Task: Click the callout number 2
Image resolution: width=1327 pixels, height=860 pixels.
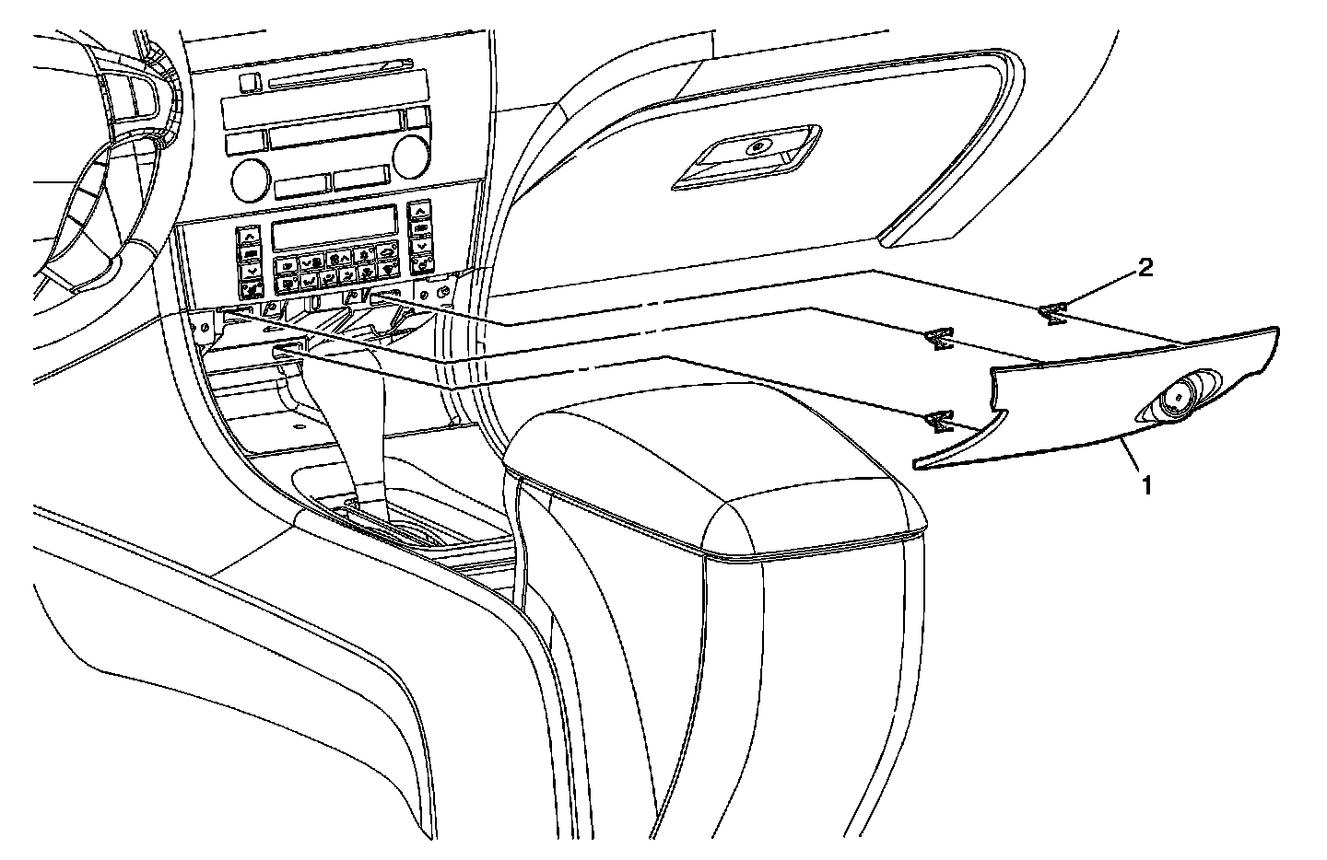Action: (x=1145, y=268)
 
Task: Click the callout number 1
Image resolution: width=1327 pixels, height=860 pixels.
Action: (x=1146, y=484)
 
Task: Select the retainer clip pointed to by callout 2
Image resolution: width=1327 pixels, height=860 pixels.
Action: (x=1051, y=315)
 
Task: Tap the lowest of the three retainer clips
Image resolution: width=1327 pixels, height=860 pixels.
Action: (x=939, y=422)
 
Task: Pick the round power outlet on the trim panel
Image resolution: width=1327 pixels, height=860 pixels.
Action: (x=1179, y=397)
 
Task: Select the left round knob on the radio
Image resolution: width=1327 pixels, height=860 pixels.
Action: (x=249, y=179)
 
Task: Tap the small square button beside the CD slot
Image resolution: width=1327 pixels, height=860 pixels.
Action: (x=246, y=83)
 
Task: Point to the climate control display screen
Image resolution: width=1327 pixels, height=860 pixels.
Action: (x=334, y=227)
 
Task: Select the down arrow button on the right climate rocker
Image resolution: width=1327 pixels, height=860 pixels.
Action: (x=421, y=246)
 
